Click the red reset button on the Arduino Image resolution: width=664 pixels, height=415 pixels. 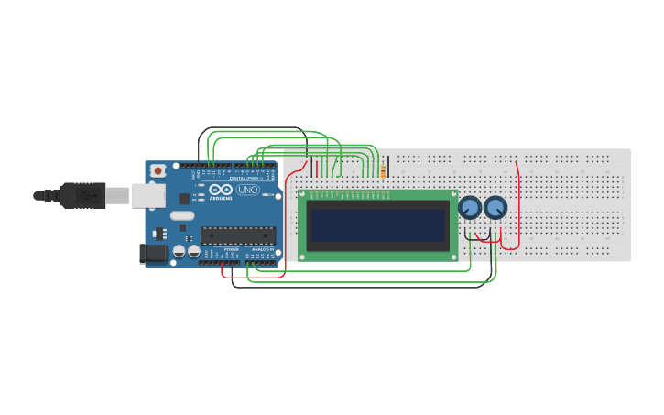[158, 170]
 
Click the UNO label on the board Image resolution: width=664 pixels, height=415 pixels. [247, 190]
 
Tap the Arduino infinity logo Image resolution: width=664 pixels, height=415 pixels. [220, 189]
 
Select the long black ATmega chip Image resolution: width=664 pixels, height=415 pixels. [238, 235]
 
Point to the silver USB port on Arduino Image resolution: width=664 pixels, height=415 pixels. [147, 195]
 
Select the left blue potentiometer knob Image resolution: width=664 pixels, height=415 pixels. [470, 208]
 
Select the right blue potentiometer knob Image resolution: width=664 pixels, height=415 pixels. [495, 208]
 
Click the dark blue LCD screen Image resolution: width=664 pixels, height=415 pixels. [378, 225]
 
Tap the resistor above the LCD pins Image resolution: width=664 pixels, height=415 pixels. [383, 167]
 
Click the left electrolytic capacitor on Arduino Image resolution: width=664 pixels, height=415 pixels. [180, 250]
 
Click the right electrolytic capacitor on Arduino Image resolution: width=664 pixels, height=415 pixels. [193, 250]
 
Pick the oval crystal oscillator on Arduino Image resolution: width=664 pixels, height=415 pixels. [182, 216]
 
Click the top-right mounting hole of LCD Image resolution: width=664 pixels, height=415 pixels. [452, 195]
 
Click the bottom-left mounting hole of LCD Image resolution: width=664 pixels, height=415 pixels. [303, 256]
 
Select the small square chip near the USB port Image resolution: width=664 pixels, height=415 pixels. [184, 198]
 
